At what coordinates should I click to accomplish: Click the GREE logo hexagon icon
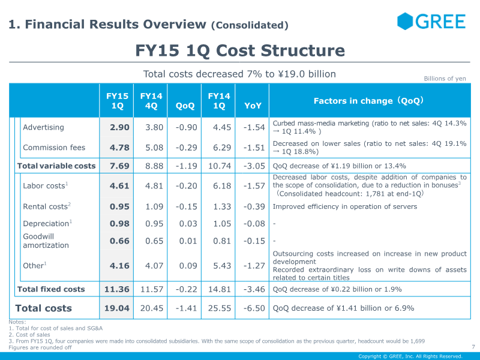406,22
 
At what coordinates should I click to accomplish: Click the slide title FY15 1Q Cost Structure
240,50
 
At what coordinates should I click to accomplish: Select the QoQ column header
185,106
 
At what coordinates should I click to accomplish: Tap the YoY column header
253,106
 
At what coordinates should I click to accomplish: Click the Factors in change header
369,101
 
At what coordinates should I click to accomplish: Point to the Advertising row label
43,127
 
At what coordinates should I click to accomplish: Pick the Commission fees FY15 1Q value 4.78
119,148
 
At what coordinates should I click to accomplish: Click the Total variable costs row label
56,166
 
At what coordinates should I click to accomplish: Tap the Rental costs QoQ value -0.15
185,206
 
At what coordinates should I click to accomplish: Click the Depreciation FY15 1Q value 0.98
119,224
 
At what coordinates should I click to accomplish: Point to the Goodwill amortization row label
46,241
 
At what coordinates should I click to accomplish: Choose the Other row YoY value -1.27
254,265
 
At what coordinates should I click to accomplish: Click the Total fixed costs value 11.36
117,289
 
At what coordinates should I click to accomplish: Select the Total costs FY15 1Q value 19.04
117,308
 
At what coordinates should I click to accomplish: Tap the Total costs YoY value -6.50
254,308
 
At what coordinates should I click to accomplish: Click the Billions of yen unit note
445,79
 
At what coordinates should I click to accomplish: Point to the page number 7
473,347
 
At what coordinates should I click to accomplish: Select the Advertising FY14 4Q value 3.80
154,127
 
